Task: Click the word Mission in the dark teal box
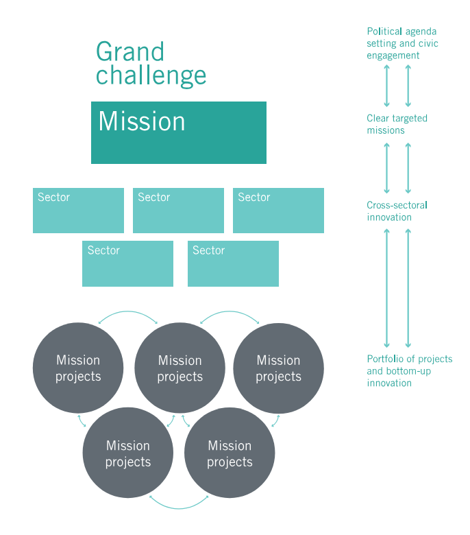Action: (x=142, y=121)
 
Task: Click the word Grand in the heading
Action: (x=130, y=52)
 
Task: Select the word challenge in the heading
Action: (x=151, y=75)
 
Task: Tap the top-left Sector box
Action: (x=78, y=211)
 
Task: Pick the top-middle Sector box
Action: (x=178, y=211)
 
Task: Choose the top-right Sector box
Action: (x=278, y=211)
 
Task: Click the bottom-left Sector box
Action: (x=127, y=263)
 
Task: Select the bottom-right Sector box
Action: (x=233, y=263)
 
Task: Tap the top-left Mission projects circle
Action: (x=78, y=368)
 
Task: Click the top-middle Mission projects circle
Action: (x=180, y=368)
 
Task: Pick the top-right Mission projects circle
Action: (x=278, y=368)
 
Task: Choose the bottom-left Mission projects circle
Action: (x=128, y=453)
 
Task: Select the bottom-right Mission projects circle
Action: (x=230, y=453)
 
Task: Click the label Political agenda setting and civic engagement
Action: (x=402, y=43)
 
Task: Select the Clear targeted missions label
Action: (x=397, y=124)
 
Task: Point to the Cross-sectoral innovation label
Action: (x=398, y=211)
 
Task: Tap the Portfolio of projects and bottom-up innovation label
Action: (x=409, y=371)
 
